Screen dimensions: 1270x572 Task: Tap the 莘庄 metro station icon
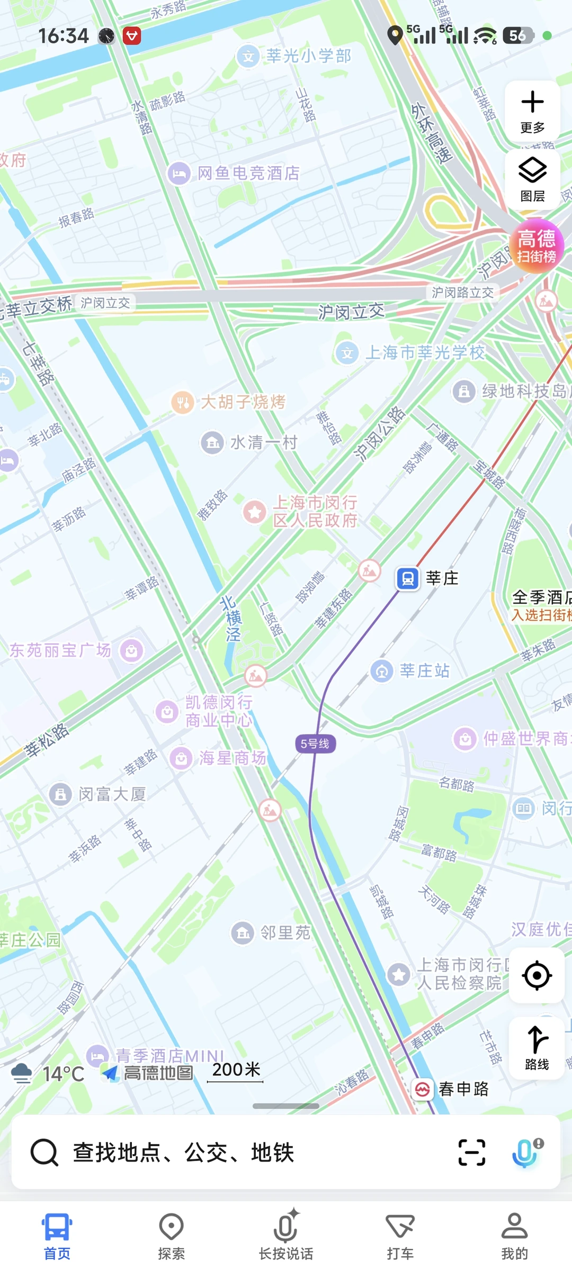[408, 578]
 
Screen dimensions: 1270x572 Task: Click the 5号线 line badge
[315, 743]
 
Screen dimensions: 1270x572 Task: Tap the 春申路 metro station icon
[423, 1089]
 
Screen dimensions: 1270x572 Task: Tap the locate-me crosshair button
[537, 975]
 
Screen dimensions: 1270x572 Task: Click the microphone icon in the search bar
[525, 1152]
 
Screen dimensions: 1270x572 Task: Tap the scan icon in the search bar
[471, 1152]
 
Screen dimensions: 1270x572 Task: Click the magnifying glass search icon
[44, 1152]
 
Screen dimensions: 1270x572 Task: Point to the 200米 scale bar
[235, 1072]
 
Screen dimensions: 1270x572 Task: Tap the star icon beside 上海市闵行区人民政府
[254, 512]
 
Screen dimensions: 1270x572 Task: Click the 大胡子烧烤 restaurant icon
[182, 403]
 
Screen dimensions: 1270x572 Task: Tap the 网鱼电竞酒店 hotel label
[248, 173]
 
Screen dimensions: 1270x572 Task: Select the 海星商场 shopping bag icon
[181, 758]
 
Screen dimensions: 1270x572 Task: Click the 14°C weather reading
[63, 1074]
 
